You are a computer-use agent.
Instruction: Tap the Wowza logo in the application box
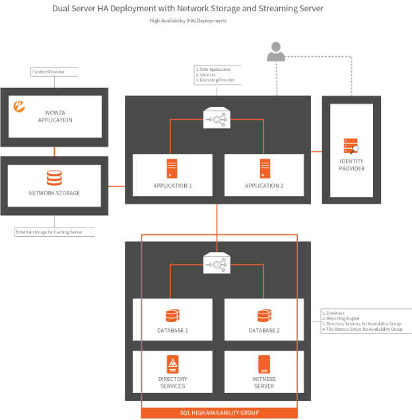20,105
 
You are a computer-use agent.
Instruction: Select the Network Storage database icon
54,178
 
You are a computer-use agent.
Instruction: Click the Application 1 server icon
172,168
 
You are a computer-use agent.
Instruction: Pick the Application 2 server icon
264,168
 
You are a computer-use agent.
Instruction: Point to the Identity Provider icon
351,146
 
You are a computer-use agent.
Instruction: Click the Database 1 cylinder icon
172,315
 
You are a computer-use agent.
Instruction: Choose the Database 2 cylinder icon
264,315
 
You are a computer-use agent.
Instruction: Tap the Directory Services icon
172,364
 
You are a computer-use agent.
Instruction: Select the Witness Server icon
264,364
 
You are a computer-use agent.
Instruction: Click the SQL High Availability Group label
219,413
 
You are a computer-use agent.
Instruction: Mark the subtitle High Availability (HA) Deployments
188,21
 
